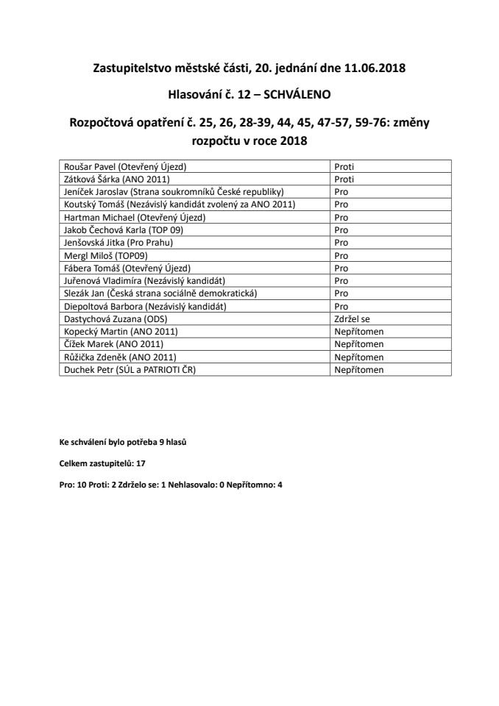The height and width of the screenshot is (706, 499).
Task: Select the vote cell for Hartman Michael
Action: point(341,217)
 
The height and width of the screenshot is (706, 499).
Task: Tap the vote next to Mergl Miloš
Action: point(341,255)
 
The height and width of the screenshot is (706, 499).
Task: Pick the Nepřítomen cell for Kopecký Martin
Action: point(359,332)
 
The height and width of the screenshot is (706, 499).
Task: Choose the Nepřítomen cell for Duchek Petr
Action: point(359,370)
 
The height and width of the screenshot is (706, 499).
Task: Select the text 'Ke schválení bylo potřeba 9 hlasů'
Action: point(127,443)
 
